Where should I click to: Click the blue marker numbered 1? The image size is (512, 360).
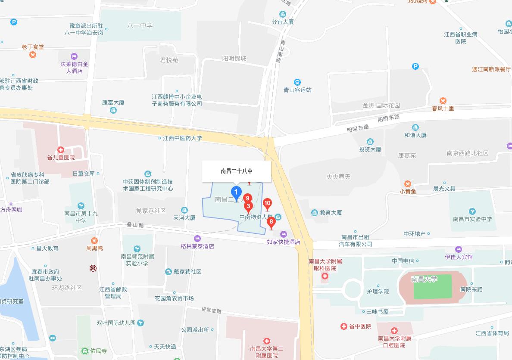[x=236, y=192]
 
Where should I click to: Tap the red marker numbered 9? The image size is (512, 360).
[x=247, y=199]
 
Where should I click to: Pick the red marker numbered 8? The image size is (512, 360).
[x=271, y=222]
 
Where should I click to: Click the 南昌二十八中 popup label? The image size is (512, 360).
[x=237, y=171]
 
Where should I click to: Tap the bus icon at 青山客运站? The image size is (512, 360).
[x=297, y=82]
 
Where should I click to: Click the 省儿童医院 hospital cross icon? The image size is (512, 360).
[x=61, y=150]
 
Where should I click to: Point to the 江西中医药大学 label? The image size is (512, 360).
[x=182, y=139]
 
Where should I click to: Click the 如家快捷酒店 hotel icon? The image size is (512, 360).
[x=283, y=234]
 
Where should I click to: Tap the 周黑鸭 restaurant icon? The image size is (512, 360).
[x=94, y=240]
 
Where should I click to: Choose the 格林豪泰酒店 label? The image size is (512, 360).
[x=197, y=246]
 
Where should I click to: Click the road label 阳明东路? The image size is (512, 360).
[x=358, y=127]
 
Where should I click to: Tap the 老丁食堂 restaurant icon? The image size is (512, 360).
[x=33, y=55]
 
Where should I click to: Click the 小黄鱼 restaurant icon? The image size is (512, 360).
[x=408, y=184]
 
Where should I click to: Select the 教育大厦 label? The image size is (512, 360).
[x=331, y=213]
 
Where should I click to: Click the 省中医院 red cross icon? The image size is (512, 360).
[x=343, y=327]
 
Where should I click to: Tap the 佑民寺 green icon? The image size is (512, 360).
[x=84, y=351]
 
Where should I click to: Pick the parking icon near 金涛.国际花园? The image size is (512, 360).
[x=415, y=66]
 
